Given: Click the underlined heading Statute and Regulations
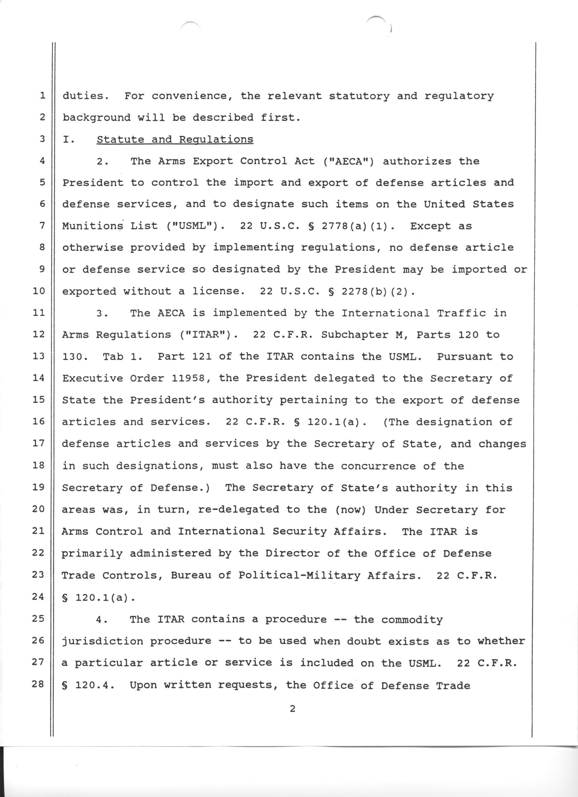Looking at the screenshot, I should [x=174, y=139].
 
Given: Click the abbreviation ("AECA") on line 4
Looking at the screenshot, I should [x=350, y=161].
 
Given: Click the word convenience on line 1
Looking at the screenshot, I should [x=192, y=96].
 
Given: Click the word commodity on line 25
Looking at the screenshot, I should [x=412, y=619].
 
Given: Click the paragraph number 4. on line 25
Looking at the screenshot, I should [x=102, y=619].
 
